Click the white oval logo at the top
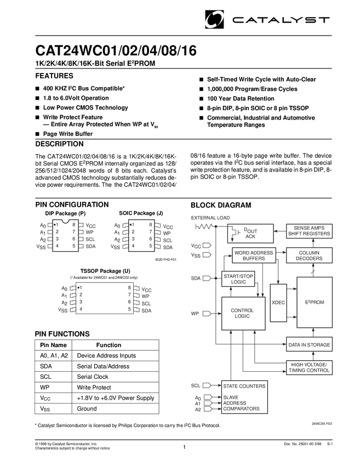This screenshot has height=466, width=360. [x=214, y=20]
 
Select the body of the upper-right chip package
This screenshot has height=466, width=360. [x=139, y=235]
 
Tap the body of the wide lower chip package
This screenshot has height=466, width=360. [x=104, y=298]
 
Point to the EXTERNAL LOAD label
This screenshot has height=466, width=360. [x=211, y=218]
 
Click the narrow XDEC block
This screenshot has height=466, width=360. [x=278, y=303]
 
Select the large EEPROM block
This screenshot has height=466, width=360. [x=314, y=302]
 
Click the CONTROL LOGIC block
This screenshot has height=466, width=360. [x=243, y=313]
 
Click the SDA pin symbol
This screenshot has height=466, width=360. [x=207, y=279]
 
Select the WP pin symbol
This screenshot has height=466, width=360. [x=207, y=314]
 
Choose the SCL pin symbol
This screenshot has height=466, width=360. [x=207, y=385]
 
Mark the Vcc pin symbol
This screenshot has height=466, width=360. [x=207, y=245]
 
